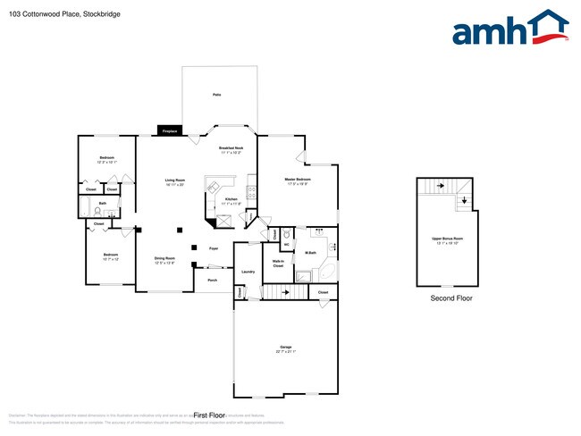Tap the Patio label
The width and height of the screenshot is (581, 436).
217,94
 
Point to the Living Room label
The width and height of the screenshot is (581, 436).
174,181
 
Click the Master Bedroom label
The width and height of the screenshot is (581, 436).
298,180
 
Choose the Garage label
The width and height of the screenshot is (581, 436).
286,347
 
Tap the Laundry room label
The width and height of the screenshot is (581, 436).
248,272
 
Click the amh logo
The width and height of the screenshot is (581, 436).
510,29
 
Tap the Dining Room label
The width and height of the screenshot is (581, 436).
164,260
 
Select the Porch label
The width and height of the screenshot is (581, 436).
212,281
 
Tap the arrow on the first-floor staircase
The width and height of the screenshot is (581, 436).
286,291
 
